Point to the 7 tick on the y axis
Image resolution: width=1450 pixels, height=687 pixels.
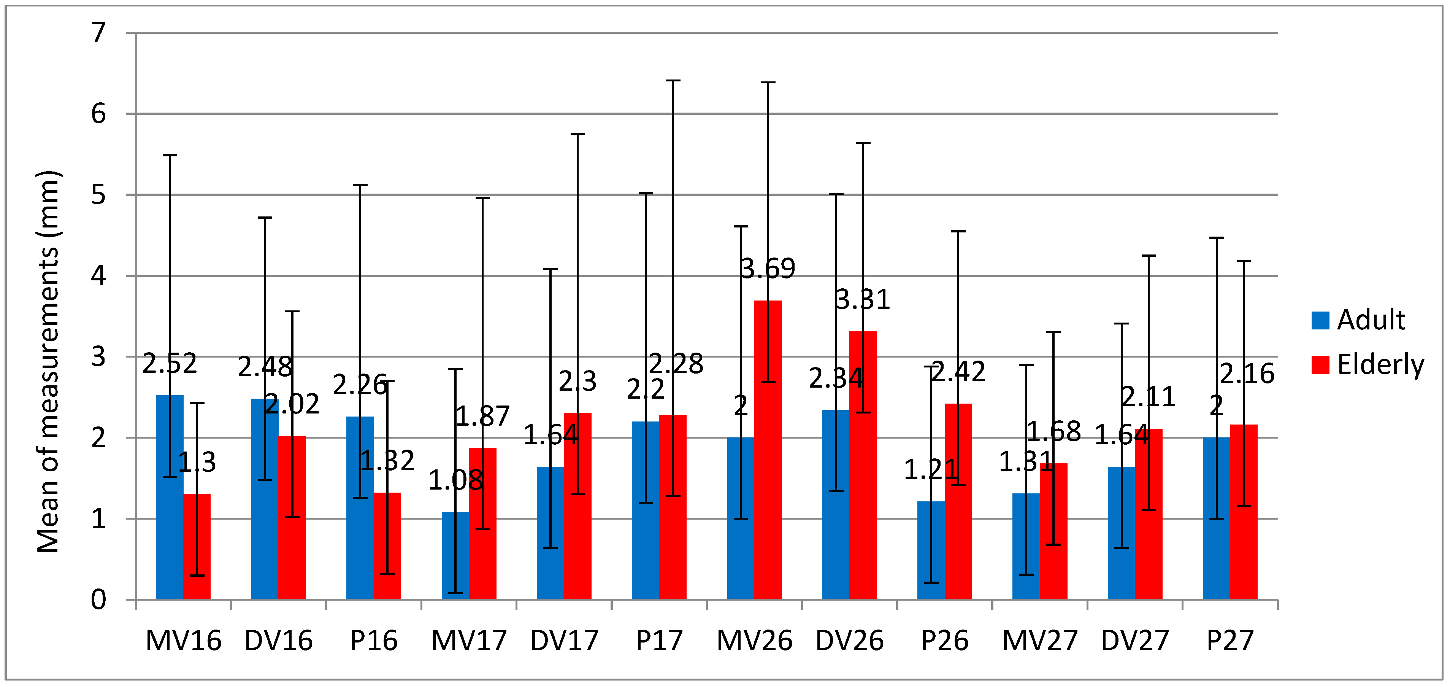coord(98,33)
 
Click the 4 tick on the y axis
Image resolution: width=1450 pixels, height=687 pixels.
coord(98,275)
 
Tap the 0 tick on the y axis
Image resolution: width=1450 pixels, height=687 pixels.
coord(98,600)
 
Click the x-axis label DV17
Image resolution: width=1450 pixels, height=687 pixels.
coord(564,640)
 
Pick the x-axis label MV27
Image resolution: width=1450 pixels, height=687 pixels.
coord(1040,640)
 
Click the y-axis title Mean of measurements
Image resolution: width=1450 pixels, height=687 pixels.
coord(48,360)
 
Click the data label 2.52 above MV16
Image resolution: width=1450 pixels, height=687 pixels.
coord(170,363)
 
